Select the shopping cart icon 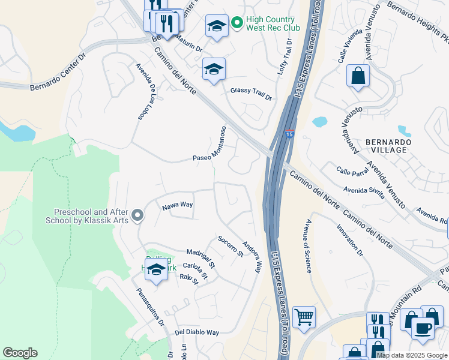pyautogui.click(x=304, y=316)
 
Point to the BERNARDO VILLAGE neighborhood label pyautogui.click(x=389, y=147)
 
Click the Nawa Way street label pyautogui.click(x=177, y=205)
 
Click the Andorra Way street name pyautogui.click(x=252, y=257)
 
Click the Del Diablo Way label pyautogui.click(x=197, y=332)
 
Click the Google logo pyautogui.click(x=20, y=353)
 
